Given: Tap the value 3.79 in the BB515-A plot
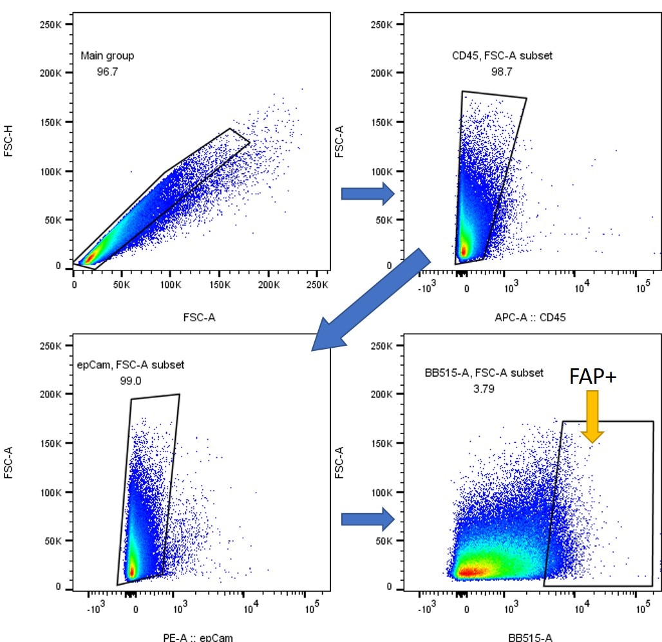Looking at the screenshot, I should tap(483, 388).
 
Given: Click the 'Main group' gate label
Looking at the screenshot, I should tap(108, 56).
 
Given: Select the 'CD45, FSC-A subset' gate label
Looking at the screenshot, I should tap(502, 56).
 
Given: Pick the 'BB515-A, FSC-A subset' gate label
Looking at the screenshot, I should tap(484, 372).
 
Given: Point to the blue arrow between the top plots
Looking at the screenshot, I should tap(367, 193).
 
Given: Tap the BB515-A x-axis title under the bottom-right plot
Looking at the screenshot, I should tap(530, 637).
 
